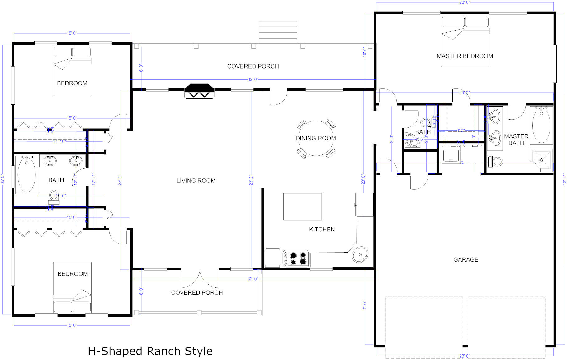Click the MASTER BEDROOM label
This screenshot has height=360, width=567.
pos(465,56)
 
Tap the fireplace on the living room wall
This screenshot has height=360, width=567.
pos(199,91)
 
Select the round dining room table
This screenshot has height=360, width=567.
pos(316,138)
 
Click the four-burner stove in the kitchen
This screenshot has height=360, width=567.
pos(296,258)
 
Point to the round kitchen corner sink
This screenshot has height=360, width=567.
pos(360,254)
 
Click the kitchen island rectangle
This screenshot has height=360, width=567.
pos(302,207)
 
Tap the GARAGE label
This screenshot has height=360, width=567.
pos(465,260)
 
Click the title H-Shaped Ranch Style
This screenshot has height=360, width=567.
pos(150,351)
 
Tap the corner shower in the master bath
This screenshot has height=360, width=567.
pos(541,160)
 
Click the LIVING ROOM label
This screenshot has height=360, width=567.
pos(196,181)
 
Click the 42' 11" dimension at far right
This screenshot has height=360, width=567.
pos(565,179)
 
